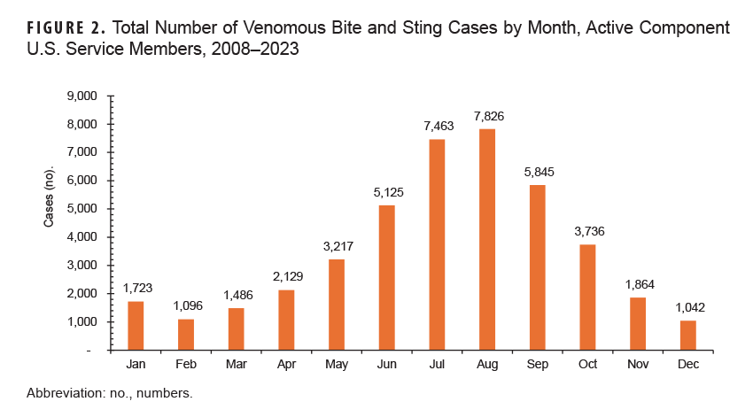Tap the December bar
pyautogui.click(x=689, y=335)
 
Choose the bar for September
pyautogui.click(x=538, y=267)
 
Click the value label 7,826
pyautogui.click(x=487, y=117)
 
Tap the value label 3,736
pyautogui.click(x=588, y=232)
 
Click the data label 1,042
pyautogui.click(x=689, y=308)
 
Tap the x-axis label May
pyautogui.click(x=336, y=363)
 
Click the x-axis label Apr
pyautogui.click(x=285, y=363)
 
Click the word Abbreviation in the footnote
pyautogui.click(x=65, y=391)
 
